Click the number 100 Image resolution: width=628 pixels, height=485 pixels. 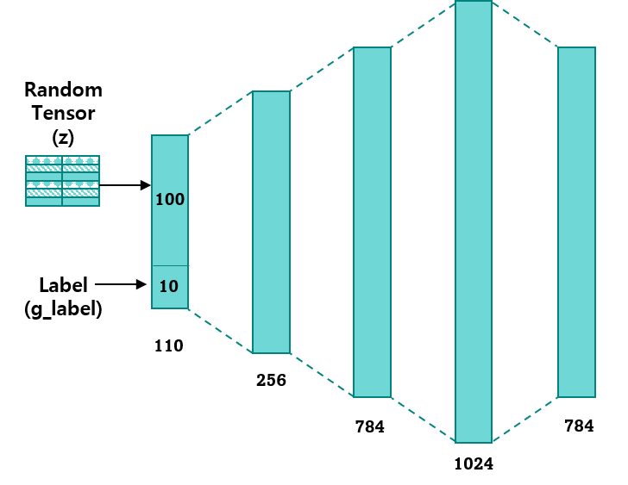[170, 200]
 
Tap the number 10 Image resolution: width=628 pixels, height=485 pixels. [169, 287]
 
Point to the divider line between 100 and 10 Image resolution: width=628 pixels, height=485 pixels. [170, 265]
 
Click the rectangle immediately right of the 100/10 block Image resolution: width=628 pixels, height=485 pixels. [271, 222]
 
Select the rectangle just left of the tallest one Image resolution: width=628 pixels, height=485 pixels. [372, 222]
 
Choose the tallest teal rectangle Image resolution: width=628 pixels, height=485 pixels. [474, 222]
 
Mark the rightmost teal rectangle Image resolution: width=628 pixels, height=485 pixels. [576, 222]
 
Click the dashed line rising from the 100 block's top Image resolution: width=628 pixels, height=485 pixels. [220, 113]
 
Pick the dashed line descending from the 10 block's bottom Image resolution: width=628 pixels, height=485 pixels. [220, 331]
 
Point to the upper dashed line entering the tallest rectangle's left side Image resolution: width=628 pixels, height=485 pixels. [423, 25]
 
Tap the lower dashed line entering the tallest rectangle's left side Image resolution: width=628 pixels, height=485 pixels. [423, 420]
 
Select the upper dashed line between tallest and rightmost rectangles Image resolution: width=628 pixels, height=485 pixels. [524, 24]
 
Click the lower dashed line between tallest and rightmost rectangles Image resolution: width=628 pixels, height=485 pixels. [524, 420]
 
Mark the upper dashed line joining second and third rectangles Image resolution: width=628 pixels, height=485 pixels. [322, 70]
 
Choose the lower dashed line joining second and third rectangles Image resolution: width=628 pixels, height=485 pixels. [322, 375]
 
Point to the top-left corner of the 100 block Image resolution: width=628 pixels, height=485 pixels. [153, 136]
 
